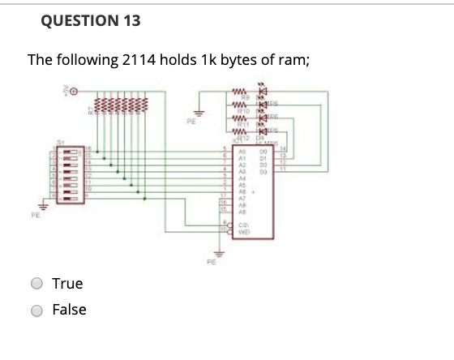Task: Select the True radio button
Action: [36, 284]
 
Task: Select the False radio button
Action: [36, 310]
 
